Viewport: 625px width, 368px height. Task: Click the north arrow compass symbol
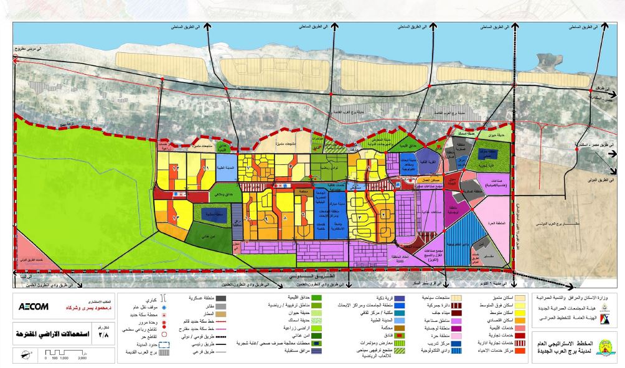coord(22,355)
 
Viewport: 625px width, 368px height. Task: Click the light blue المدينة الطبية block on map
coord(225,169)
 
